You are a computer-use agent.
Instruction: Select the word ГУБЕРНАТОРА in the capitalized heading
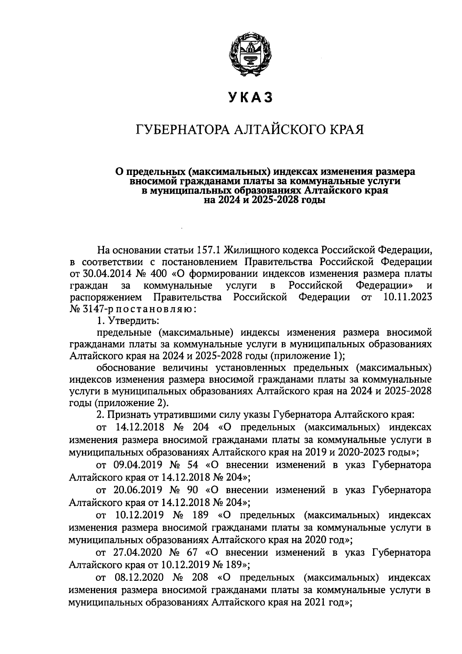(180, 129)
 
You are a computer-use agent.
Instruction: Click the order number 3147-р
(91, 309)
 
